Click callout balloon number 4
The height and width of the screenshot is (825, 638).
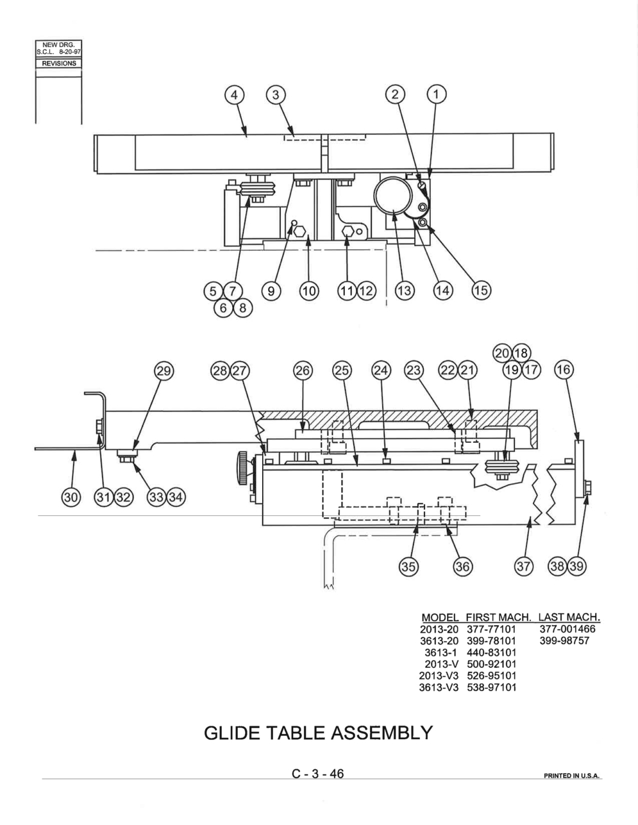click(x=234, y=94)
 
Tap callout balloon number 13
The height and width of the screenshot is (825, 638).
click(x=405, y=291)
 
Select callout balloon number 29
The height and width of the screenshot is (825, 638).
click(x=164, y=371)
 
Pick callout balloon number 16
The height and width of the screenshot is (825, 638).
click(x=564, y=369)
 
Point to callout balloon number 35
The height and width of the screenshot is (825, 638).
click(x=408, y=567)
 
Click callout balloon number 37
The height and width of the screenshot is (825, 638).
click(x=523, y=567)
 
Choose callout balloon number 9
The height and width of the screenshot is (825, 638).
click(x=271, y=291)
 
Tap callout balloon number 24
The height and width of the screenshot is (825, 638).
click(x=381, y=370)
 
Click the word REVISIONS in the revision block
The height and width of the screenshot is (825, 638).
click(x=59, y=63)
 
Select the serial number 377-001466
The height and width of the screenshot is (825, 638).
click(x=567, y=629)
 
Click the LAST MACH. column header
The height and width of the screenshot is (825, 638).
click(x=569, y=617)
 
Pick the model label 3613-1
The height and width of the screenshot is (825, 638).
click(x=442, y=653)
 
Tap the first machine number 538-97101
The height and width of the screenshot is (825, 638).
click(x=492, y=687)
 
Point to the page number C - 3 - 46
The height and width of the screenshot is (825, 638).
click(x=317, y=774)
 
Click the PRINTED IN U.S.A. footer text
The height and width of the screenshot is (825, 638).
click(x=571, y=776)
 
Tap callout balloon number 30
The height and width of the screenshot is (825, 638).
click(x=71, y=497)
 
